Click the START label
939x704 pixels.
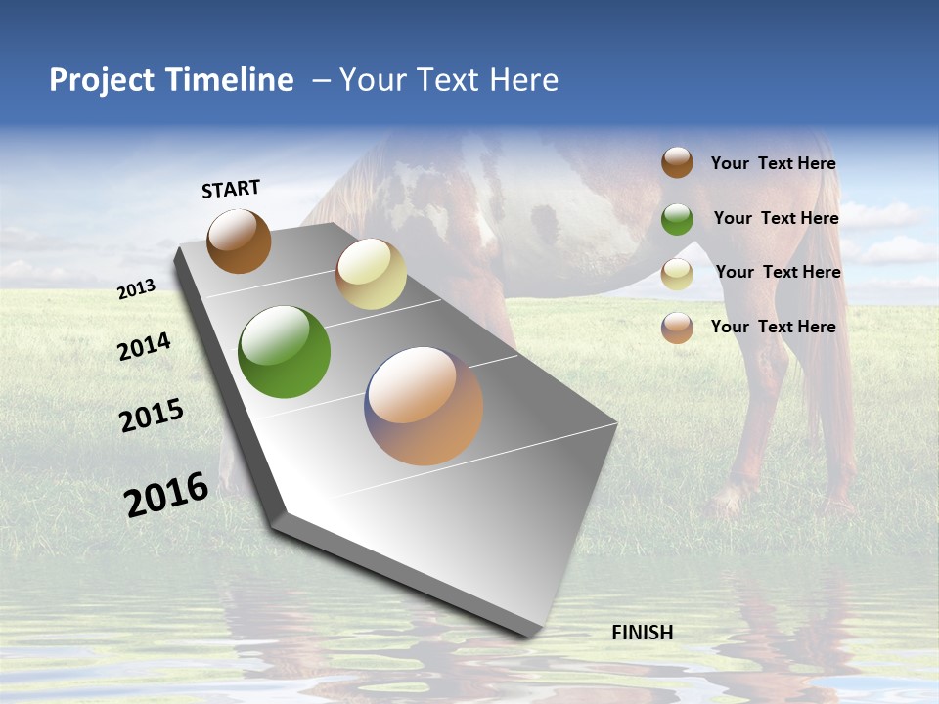pyautogui.click(x=231, y=189)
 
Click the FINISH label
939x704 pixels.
pyautogui.click(x=642, y=633)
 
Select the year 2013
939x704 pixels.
pyautogui.click(x=137, y=288)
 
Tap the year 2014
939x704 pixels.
pyautogui.click(x=145, y=346)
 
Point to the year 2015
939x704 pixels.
pyautogui.click(x=152, y=416)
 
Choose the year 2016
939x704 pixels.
pyautogui.click(x=166, y=494)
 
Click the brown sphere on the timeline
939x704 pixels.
pyautogui.click(x=239, y=242)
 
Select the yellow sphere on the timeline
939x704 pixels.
pyautogui.click(x=371, y=274)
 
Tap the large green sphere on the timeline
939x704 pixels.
pyautogui.click(x=284, y=352)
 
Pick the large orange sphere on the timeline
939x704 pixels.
pyautogui.click(x=424, y=406)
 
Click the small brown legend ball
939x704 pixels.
pyautogui.click(x=677, y=162)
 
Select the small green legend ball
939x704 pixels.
pyautogui.click(x=677, y=219)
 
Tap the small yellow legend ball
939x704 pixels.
pyautogui.click(x=677, y=274)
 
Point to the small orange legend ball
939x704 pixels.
pyautogui.click(x=677, y=328)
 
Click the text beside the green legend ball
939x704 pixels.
pyautogui.click(x=776, y=218)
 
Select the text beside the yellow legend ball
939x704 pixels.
pyautogui.click(x=778, y=272)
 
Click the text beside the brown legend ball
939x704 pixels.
pyautogui.click(x=773, y=163)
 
